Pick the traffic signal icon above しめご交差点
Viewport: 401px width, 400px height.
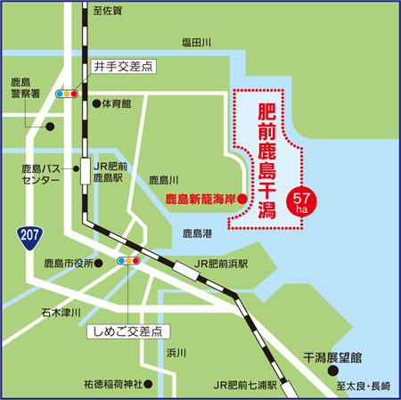point(129,261)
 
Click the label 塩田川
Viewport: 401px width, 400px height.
point(194,42)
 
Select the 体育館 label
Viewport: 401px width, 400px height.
point(116,103)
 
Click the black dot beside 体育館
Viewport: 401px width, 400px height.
point(96,103)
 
